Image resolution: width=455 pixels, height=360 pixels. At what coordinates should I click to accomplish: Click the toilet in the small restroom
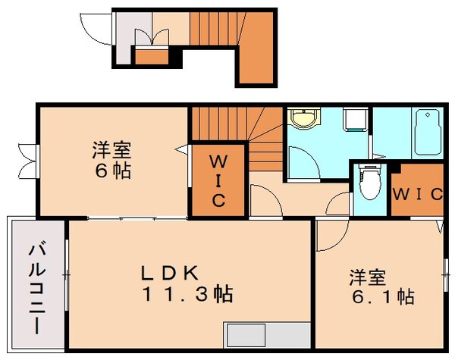[x=369, y=182]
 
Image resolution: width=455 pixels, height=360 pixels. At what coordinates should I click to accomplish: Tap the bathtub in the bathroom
[x=430, y=130]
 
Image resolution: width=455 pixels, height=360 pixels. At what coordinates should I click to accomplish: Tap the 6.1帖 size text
[x=382, y=296]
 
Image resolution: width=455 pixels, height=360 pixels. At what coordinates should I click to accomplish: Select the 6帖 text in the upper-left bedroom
[x=111, y=170]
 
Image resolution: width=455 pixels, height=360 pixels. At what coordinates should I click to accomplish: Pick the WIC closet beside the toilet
[x=416, y=193]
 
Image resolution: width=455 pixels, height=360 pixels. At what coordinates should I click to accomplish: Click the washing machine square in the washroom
[x=355, y=120]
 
